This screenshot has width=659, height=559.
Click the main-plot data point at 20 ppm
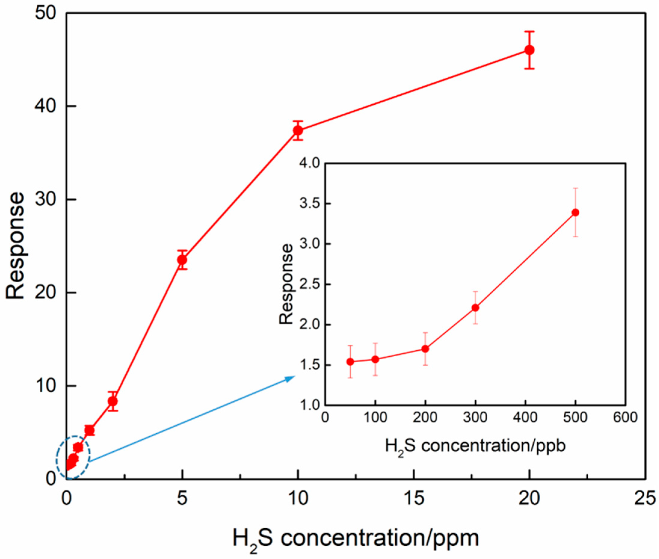tap(529, 50)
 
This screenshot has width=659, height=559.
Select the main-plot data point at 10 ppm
tap(298, 130)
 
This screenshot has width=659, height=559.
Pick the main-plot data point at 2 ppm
tap(113, 401)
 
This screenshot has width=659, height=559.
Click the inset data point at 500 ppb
tap(576, 213)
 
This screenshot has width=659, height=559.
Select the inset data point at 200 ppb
tap(425, 349)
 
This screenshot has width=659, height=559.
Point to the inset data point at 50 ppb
tap(350, 361)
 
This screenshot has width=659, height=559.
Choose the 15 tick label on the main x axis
tap(413, 499)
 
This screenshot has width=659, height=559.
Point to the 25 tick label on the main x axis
tap(645, 499)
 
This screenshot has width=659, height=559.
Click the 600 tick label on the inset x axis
tap(625, 418)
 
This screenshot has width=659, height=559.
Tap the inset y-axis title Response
tap(287, 284)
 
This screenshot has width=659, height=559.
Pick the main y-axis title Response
tap(15, 246)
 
